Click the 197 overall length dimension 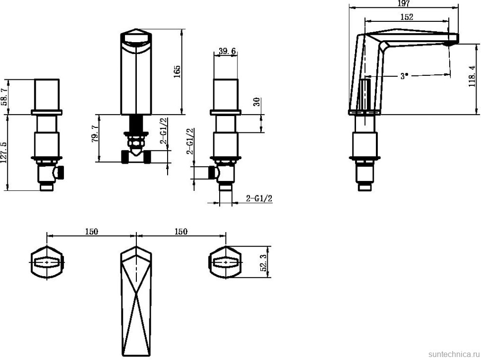pos(403,4)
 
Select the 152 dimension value pos(406,16)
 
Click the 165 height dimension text pos(177,72)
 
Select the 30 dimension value pos(256,102)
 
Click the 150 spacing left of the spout pos(91,231)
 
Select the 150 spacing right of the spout pos(181,231)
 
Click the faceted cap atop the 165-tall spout pos(136,40)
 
